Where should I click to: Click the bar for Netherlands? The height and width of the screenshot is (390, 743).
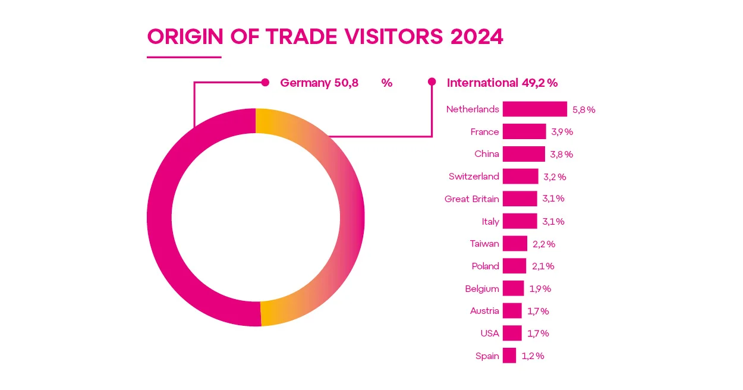534,109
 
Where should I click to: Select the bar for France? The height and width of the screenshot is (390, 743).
524,131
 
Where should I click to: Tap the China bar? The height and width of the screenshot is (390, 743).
523,154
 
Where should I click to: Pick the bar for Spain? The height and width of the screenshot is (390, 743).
509,356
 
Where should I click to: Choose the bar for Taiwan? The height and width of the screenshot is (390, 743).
514,244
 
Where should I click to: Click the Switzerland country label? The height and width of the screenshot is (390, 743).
474,177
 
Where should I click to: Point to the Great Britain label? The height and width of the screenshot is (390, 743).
471,199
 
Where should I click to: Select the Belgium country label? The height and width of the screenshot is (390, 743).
481,289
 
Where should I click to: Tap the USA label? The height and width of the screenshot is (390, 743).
490,334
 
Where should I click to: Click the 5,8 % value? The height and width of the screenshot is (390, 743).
584,109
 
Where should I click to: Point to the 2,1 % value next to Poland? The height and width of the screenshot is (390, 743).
543,266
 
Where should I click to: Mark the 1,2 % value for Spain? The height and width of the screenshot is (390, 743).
533,356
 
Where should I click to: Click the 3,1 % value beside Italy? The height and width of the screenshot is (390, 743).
553,221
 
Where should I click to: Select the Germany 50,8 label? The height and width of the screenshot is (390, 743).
319,83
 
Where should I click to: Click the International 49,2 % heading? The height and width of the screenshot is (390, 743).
502,83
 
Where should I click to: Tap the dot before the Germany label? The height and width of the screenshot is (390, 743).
266,83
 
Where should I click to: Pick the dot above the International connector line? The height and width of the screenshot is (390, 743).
432,83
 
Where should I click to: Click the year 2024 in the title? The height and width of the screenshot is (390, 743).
477,37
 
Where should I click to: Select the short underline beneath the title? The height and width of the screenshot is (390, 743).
184,57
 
